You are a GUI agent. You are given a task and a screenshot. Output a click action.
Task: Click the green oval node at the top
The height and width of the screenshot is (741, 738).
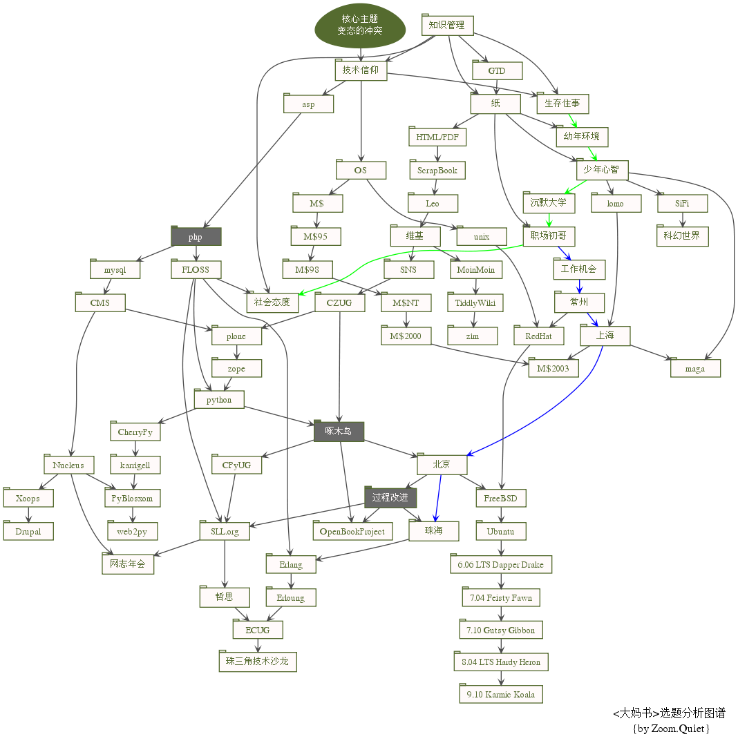pyautogui.click(x=359, y=26)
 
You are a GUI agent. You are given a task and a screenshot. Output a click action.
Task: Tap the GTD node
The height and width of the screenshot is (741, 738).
pyautogui.click(x=497, y=71)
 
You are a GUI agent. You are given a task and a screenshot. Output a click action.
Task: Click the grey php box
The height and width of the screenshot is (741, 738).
pyautogui.click(x=196, y=237)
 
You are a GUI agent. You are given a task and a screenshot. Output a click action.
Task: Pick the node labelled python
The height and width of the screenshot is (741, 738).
pyautogui.click(x=219, y=400)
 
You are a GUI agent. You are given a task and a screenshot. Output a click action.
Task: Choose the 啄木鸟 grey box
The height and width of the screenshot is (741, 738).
pyautogui.click(x=339, y=432)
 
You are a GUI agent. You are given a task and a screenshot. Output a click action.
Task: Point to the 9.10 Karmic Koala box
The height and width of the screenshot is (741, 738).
pyautogui.click(x=500, y=694)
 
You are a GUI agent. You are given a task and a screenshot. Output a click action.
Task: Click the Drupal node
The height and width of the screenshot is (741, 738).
pyautogui.click(x=28, y=532)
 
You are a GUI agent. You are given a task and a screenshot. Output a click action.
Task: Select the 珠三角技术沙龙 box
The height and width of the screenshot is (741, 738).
pyautogui.click(x=258, y=662)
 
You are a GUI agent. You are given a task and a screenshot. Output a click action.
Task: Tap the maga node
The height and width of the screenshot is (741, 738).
pyautogui.click(x=695, y=369)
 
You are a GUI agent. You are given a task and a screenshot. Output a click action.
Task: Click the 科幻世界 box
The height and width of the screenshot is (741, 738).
pyautogui.click(x=682, y=236)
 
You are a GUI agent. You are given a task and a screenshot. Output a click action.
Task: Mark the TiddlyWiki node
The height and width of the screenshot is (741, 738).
pyautogui.click(x=475, y=302)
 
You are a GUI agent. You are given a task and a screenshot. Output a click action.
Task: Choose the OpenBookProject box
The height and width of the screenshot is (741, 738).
pyautogui.click(x=352, y=531)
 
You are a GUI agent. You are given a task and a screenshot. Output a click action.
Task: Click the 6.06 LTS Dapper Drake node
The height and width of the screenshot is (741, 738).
pyautogui.click(x=501, y=564)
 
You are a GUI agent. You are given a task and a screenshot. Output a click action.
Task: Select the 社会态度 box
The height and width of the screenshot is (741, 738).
pyautogui.click(x=272, y=302)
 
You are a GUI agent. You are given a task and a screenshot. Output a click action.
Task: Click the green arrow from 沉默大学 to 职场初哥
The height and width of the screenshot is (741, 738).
pyautogui.click(x=549, y=220)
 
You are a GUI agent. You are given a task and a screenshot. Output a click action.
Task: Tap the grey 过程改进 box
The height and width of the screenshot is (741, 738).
pyautogui.click(x=390, y=498)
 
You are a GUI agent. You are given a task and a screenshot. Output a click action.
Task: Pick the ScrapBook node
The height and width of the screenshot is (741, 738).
pyautogui.click(x=437, y=171)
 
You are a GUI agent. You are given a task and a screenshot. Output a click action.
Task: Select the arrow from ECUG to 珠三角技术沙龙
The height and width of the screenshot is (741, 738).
pyautogui.click(x=258, y=645)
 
